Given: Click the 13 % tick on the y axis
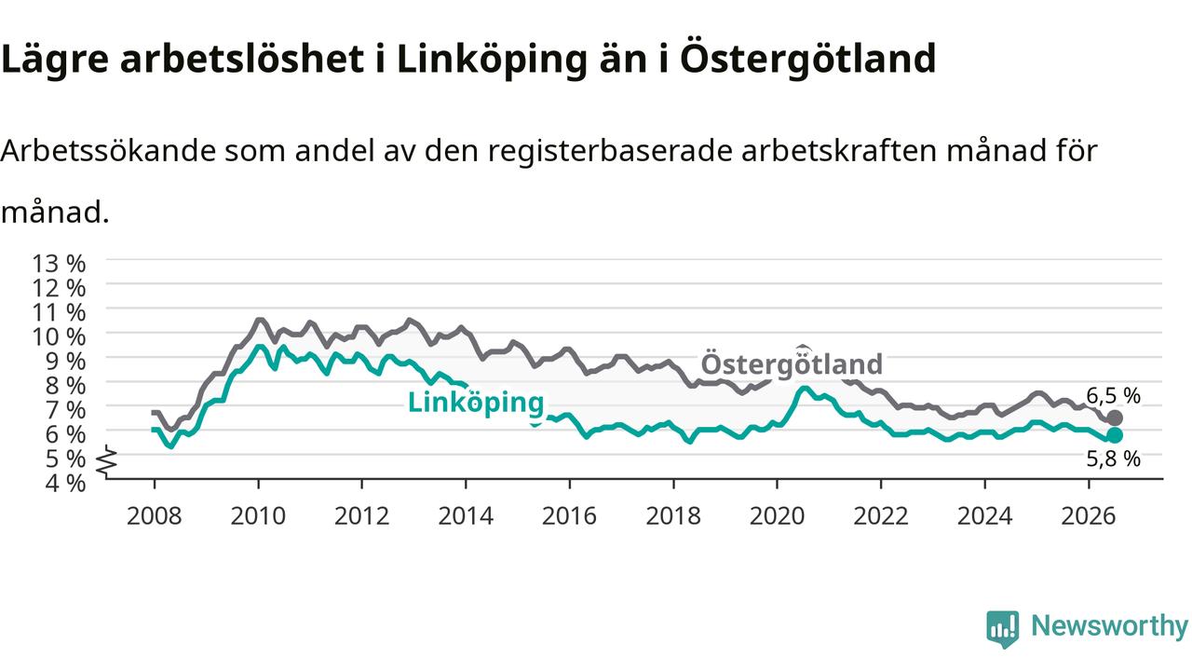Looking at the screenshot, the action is coord(59,264).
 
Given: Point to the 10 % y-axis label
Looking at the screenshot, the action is coord(59,337).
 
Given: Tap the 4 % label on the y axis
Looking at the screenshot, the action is coord(65,484).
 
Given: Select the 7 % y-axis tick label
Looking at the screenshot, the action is coord(65,411).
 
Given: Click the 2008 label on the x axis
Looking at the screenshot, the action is coord(155,516).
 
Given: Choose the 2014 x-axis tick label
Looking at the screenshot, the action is coord(466,516).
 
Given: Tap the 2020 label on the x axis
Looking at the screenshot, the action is coord(777,516).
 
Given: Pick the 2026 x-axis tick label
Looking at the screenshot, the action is coord(1089,516).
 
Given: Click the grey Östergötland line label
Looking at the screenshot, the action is coord(792,363).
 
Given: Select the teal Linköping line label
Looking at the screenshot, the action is coord(476,404).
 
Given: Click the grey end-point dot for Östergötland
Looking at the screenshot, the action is coord(1115,418).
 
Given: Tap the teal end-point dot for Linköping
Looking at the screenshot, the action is coord(1115,435).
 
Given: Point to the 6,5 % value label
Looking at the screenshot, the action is coord(1113,396).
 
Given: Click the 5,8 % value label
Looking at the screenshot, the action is coord(1113,459).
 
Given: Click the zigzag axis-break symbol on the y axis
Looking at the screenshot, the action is coord(107,459).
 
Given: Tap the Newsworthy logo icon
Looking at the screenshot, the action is coord(1003,628).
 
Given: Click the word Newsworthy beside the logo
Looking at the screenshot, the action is coord(1109,626).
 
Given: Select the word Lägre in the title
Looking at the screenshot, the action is coord(55,60).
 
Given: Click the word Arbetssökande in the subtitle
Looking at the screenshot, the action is coord(109,151).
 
